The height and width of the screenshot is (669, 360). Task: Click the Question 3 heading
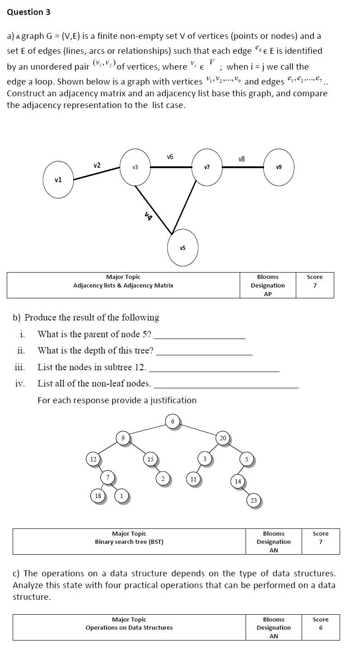[x=28, y=12]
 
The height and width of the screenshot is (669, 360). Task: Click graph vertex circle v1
[x=58, y=179]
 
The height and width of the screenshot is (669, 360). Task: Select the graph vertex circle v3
[x=135, y=167]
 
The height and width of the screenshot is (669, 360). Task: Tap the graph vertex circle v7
[x=207, y=167]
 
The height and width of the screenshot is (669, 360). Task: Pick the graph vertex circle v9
[x=279, y=167]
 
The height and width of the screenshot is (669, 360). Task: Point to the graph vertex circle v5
[x=183, y=248]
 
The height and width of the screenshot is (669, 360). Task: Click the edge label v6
[x=170, y=157]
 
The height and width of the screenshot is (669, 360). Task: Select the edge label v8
[x=242, y=159]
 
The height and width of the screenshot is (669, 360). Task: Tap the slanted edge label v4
[x=148, y=216]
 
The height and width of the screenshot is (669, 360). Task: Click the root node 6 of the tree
[x=172, y=422]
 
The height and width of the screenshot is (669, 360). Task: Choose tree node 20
[x=223, y=438]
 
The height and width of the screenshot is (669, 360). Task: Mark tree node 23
[x=254, y=500]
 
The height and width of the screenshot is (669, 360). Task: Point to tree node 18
[x=97, y=496]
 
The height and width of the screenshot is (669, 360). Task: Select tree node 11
[x=193, y=479]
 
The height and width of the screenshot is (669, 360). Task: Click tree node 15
[x=151, y=459]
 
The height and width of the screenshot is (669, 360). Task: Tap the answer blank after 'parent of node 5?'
[x=200, y=335]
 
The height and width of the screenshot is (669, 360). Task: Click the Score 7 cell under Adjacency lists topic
[x=315, y=281]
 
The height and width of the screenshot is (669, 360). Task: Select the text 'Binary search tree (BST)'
[x=129, y=542]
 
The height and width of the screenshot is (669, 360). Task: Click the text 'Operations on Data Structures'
[x=129, y=627]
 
